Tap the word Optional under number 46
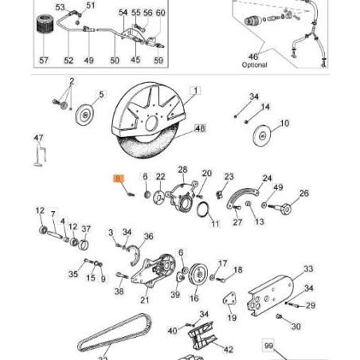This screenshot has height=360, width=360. [x=253, y=65]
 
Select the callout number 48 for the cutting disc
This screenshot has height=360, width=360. [x=199, y=128]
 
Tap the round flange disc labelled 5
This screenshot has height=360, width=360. [x=84, y=115]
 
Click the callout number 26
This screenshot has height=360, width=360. [x=303, y=194]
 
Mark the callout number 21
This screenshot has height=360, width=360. [x=144, y=300]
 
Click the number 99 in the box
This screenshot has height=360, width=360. [x=268, y=347]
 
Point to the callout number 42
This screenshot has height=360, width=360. [x=229, y=349]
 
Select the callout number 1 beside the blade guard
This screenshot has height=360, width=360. [x=195, y=92]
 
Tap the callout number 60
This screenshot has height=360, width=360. [x=160, y=14]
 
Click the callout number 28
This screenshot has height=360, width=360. [x=182, y=169]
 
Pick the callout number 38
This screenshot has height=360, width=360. [x=119, y=292]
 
